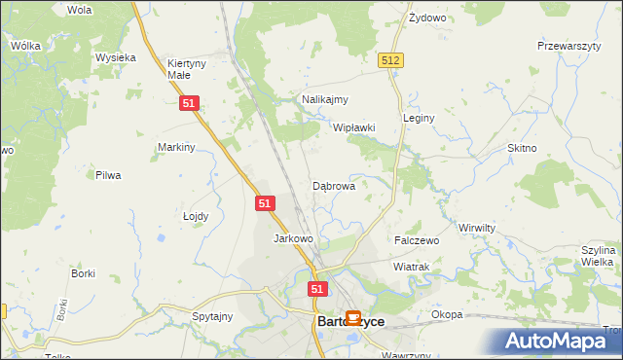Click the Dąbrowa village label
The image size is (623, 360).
pyautogui.click(x=333, y=185)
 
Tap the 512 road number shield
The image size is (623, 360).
pyautogui.click(x=391, y=60)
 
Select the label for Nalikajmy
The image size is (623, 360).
pyautogui.click(x=325, y=99)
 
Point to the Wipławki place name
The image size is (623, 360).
pyautogui.click(x=354, y=127)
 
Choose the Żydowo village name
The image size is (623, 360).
pyautogui.click(x=426, y=18)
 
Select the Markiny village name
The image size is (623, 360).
pyautogui.click(x=177, y=147)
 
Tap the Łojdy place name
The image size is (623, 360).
pyautogui.click(x=196, y=216)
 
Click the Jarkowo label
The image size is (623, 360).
pyautogui.click(x=293, y=238)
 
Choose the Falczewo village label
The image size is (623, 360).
pyautogui.click(x=417, y=239)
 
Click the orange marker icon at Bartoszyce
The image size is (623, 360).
pyautogui.click(x=353, y=317)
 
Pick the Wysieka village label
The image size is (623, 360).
pyautogui.click(x=115, y=57)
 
